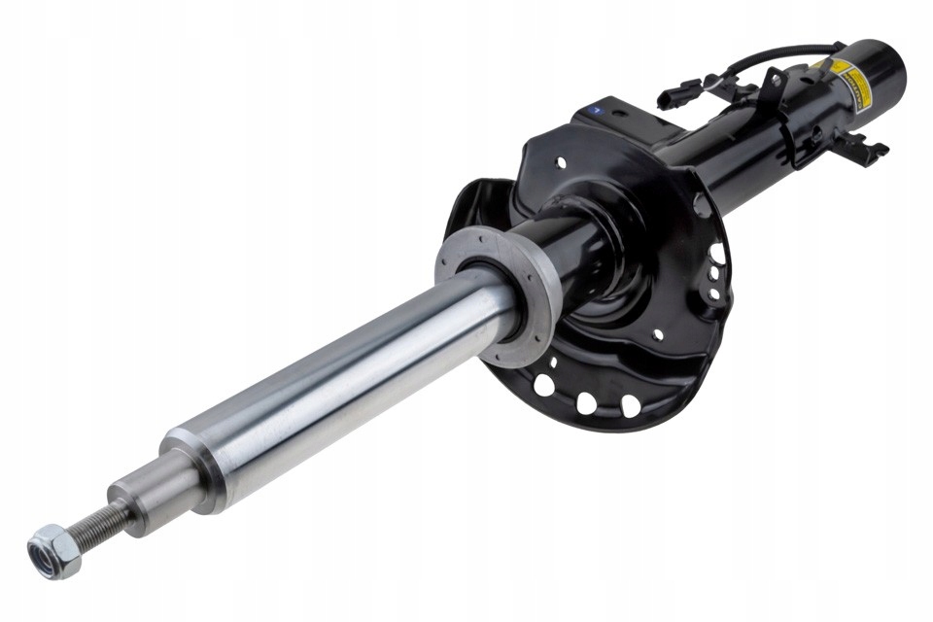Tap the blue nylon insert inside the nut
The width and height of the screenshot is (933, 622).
click(45, 555)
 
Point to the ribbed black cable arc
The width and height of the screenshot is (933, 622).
click(777, 54)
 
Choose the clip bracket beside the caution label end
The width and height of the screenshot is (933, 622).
click(860, 149)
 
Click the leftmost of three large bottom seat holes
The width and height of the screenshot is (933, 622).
click(544, 386)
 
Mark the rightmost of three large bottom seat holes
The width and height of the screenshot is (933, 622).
click(631, 405)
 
